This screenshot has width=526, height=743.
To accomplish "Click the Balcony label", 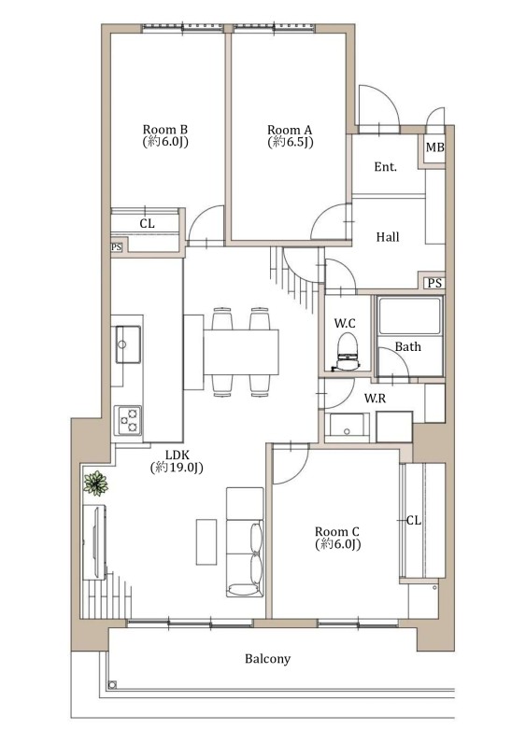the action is coord(267,659).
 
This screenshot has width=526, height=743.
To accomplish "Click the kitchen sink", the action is coord(128,344).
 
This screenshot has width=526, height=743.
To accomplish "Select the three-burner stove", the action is coord(128,420).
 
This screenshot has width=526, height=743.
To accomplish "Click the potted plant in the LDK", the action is coord(96,484).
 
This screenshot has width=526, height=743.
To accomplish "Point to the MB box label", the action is coord(435,147).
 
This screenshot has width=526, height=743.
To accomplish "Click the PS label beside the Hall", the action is coord(434,284).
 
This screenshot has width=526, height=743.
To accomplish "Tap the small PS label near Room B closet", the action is coord(116,246).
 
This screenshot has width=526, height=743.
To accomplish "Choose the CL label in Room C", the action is coord(414,520).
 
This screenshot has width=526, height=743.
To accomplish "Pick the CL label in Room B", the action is coord(147,223).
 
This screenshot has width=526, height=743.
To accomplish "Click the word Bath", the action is coord(408,347).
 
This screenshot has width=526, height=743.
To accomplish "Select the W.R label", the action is coord(375,399).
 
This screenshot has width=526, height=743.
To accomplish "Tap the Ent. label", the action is coord(385,167).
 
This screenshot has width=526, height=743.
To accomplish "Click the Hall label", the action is coord(388,237).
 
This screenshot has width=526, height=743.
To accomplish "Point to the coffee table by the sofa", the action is coord(206,541).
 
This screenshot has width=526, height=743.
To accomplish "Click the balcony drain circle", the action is coord(112,685).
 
